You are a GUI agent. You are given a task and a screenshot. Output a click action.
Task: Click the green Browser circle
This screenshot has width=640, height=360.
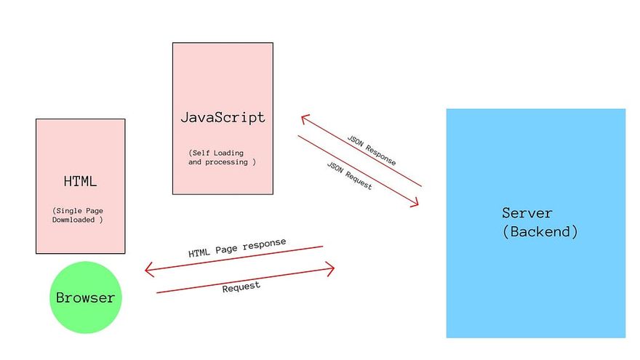tap(85, 297)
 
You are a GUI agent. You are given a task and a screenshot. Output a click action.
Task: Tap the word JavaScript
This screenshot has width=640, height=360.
tap(223, 117)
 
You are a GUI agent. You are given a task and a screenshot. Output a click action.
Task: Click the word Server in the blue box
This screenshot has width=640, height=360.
tap(527, 213)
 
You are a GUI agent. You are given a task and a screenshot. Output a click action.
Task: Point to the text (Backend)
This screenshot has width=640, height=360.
tap(540, 232)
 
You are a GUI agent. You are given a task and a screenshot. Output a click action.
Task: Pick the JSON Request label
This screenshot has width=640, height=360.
tap(350, 176)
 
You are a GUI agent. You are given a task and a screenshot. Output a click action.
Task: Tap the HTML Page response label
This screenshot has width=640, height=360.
tap(237, 248)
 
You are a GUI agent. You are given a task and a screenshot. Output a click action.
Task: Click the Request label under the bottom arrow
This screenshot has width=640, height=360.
tap(241, 287)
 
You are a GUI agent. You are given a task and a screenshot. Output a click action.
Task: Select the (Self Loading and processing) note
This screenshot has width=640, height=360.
tap(221, 158)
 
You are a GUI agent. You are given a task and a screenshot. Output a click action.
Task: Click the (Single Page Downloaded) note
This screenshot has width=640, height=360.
tap(78, 215)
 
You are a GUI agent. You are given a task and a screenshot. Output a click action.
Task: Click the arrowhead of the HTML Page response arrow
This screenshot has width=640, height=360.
tap(148, 271)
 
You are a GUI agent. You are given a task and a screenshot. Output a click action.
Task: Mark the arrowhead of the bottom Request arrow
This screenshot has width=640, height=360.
tap(331, 269)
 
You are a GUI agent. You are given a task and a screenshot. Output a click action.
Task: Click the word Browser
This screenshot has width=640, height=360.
tap(85, 297)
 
